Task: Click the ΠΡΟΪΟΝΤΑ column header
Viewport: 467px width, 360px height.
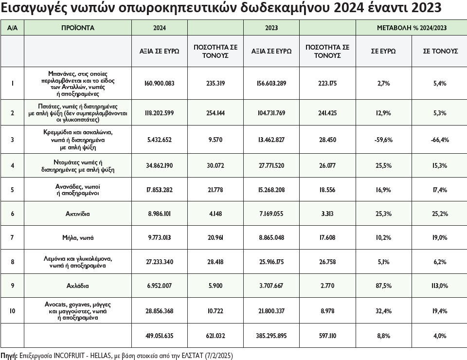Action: click(x=78, y=28)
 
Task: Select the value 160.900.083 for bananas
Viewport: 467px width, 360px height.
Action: click(x=160, y=83)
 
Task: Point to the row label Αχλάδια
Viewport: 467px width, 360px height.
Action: click(x=78, y=286)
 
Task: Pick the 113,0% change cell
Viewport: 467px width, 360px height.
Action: click(x=439, y=286)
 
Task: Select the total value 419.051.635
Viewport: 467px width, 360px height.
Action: click(x=160, y=335)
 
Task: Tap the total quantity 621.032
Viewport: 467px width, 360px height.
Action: click(x=216, y=335)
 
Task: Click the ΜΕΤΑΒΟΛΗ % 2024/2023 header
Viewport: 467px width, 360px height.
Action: click(x=412, y=28)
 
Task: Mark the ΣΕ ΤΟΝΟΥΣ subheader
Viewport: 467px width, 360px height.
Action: click(x=439, y=51)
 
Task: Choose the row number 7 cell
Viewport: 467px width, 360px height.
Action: click(x=12, y=238)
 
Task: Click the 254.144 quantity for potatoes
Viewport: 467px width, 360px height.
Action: click(x=216, y=113)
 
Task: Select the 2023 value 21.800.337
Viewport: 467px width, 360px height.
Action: click(x=271, y=310)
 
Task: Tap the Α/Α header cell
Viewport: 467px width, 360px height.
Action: click(x=12, y=28)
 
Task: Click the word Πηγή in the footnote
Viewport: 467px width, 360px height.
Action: click(x=9, y=355)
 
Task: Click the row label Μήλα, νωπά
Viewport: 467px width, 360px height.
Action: click(x=78, y=238)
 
